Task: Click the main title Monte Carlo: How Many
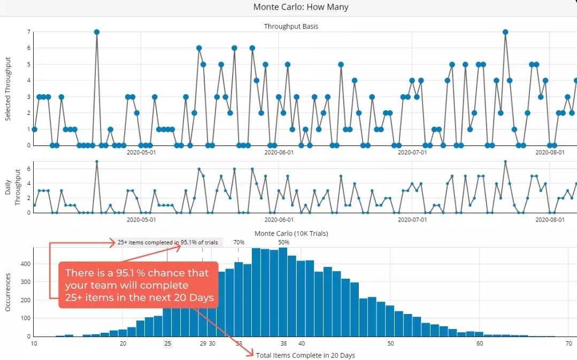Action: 301,7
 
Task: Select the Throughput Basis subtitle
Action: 291,26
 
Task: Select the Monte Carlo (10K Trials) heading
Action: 291,233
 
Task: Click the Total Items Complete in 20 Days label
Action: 305,355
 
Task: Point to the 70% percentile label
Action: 239,242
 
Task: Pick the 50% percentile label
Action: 283,242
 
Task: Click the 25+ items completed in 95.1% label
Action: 168,242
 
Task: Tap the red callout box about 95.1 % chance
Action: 139,285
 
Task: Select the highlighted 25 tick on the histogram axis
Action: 167,343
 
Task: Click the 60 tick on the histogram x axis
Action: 480,343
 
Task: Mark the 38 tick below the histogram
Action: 283,343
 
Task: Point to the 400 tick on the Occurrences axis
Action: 24,264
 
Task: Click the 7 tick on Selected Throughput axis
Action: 29,32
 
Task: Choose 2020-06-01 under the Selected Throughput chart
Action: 279,152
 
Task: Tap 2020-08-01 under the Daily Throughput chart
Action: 550,219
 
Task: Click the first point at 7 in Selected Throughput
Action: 96,32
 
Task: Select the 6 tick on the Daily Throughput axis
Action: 29,168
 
